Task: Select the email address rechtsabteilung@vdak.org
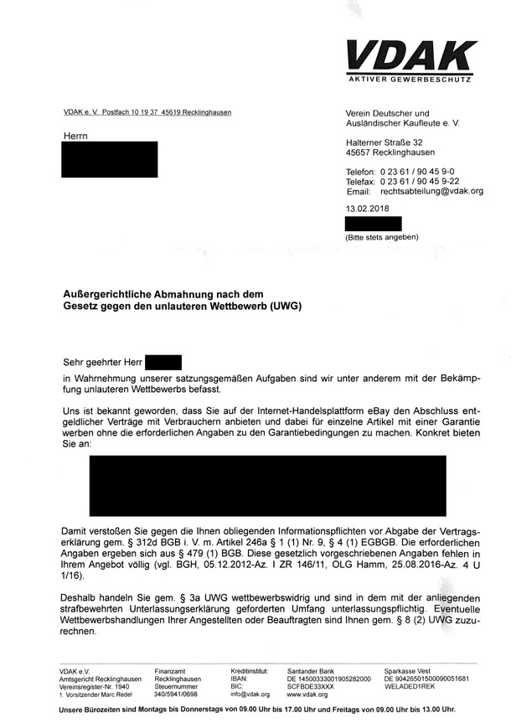(x=432, y=191)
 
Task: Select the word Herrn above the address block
(x=75, y=135)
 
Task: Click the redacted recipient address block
(x=110, y=159)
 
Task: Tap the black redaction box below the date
(x=374, y=223)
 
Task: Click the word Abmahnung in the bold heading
(x=199, y=294)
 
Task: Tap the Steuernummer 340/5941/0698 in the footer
(x=176, y=695)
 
